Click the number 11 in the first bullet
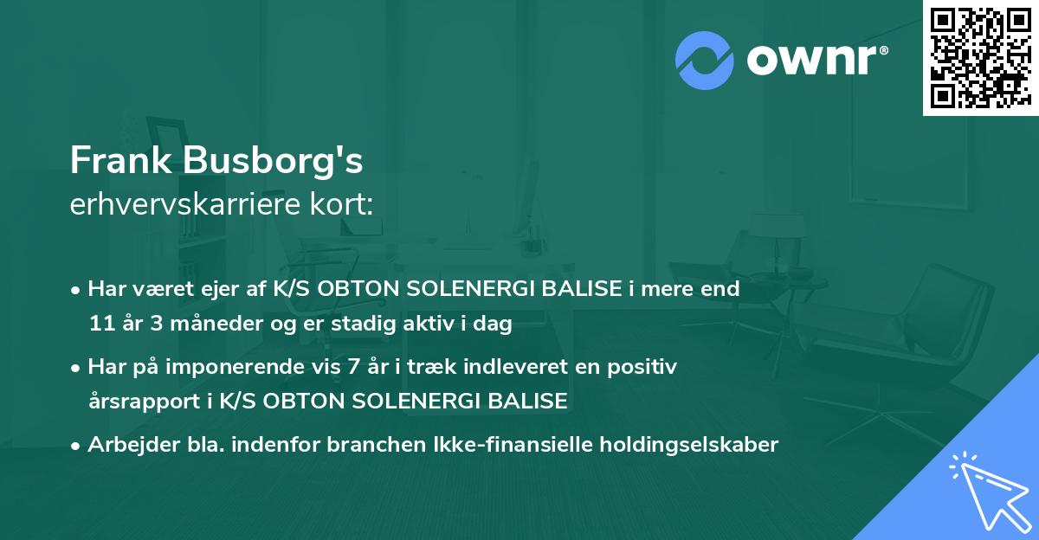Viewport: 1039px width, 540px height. click(100, 325)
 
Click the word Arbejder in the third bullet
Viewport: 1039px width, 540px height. click(126, 445)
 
